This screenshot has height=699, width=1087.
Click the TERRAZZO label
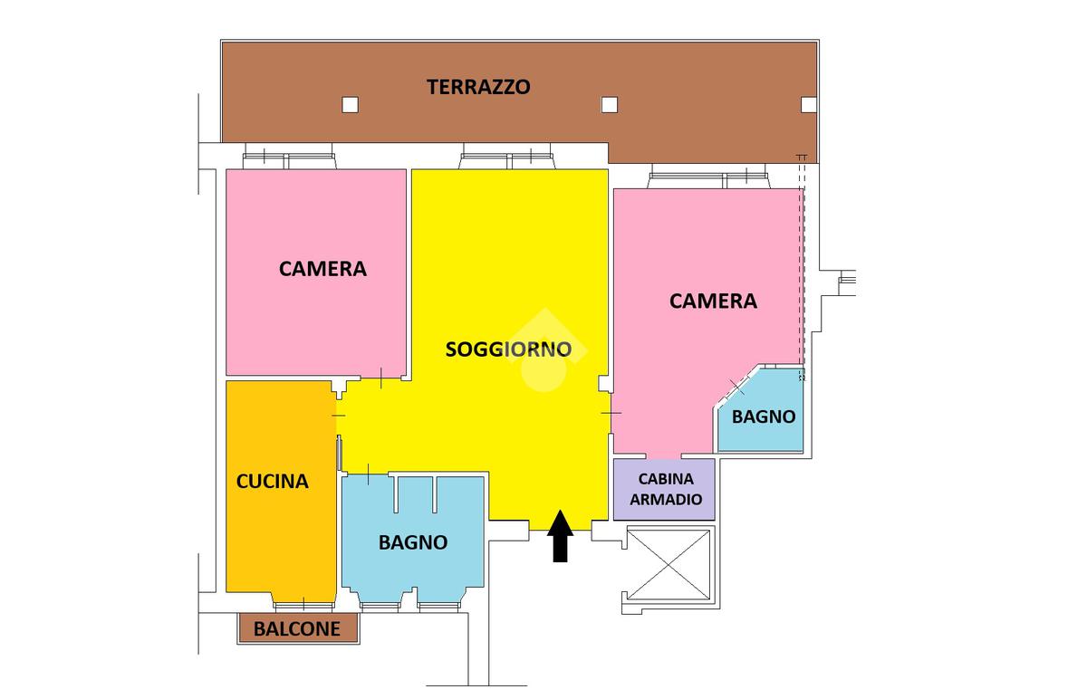click(x=478, y=88)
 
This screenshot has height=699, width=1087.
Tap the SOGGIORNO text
click(x=508, y=349)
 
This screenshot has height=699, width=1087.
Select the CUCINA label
click(x=273, y=481)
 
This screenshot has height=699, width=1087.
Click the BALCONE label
click(x=297, y=628)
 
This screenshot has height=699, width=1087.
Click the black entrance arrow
click(x=560, y=535)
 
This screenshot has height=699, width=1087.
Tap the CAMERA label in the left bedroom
click(x=322, y=269)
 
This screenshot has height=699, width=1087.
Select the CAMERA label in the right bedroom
click(x=713, y=301)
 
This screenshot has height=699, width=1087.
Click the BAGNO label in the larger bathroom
click(x=413, y=542)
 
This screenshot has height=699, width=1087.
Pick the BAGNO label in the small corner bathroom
click(x=764, y=417)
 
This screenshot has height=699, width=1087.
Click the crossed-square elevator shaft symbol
click(x=668, y=563)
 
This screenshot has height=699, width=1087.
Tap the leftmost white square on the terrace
click(x=350, y=105)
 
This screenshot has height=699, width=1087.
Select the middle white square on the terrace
click(x=609, y=105)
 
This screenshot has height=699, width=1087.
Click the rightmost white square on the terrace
click(x=808, y=105)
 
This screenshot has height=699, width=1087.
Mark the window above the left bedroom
click(x=289, y=160)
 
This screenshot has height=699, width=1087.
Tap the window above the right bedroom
click(x=709, y=178)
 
